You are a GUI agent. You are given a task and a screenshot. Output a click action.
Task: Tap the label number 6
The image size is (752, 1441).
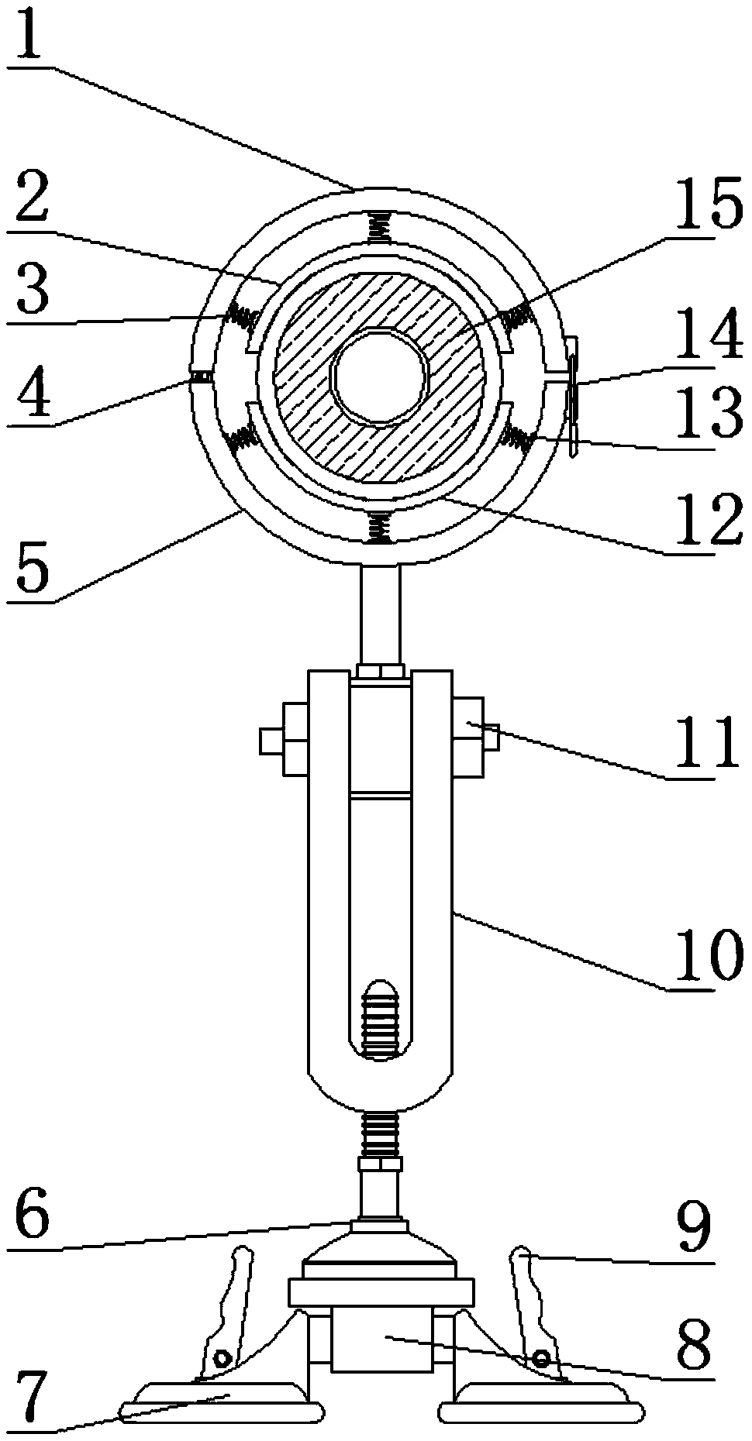tap(31, 1217)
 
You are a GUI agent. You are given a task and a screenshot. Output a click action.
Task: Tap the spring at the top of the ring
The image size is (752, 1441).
tap(379, 228)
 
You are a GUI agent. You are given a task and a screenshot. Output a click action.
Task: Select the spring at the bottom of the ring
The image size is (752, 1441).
tap(379, 528)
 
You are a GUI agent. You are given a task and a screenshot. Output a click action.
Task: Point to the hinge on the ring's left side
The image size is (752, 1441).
tap(199, 377)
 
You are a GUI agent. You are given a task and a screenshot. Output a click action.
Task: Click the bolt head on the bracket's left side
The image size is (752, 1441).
tap(283, 739)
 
